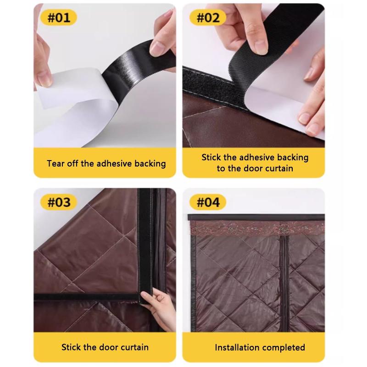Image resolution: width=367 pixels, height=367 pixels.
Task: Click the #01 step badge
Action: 59,17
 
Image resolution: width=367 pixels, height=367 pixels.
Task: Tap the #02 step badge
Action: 208,17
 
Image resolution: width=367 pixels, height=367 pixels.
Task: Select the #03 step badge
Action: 59,202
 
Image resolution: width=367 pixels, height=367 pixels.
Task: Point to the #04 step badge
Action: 208,202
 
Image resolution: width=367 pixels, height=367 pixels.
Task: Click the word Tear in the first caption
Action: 56,163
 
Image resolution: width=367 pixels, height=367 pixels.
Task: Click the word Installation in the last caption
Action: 237,347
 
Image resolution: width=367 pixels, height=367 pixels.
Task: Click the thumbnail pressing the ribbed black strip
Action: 260,49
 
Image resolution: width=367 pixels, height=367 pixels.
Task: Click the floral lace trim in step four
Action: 257,228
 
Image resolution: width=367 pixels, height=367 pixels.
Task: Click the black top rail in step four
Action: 256,217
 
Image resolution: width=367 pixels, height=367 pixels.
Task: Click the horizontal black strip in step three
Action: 87,297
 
